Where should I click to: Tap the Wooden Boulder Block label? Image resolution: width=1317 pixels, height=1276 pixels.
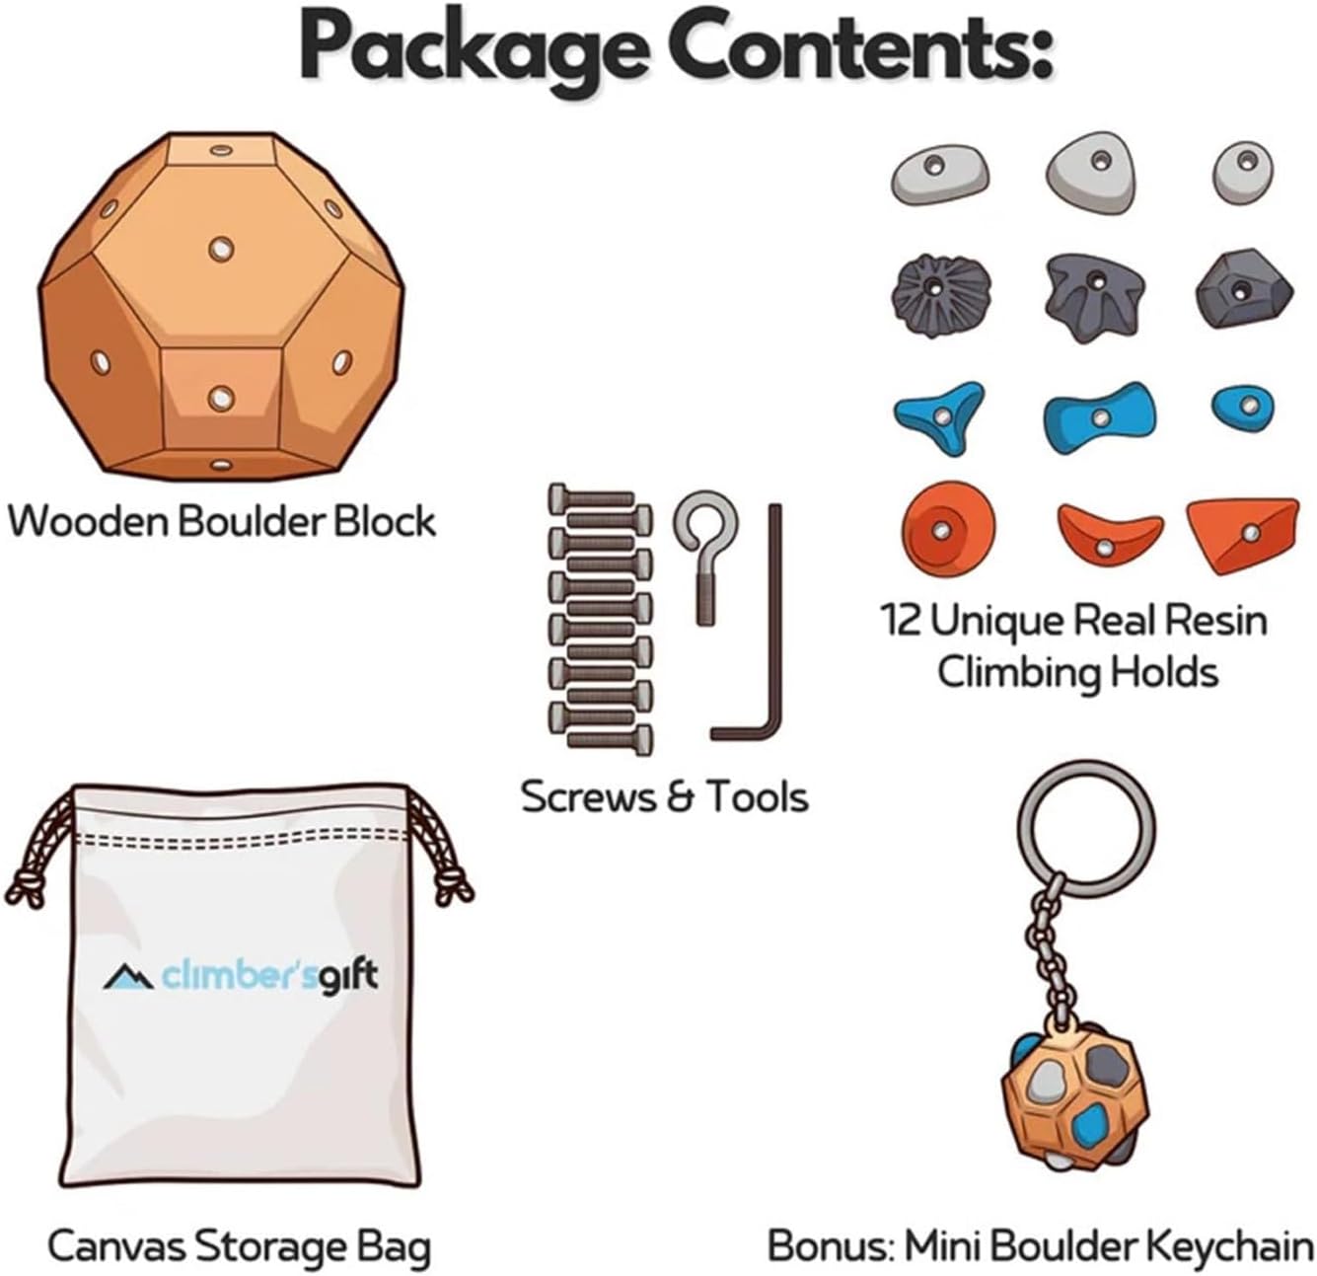click(x=222, y=520)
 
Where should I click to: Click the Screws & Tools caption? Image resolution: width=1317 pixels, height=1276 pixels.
click(x=665, y=796)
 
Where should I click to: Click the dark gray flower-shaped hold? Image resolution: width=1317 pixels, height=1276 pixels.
click(x=931, y=290)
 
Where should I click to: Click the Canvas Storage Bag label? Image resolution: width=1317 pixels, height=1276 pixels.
click(x=240, y=1246)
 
